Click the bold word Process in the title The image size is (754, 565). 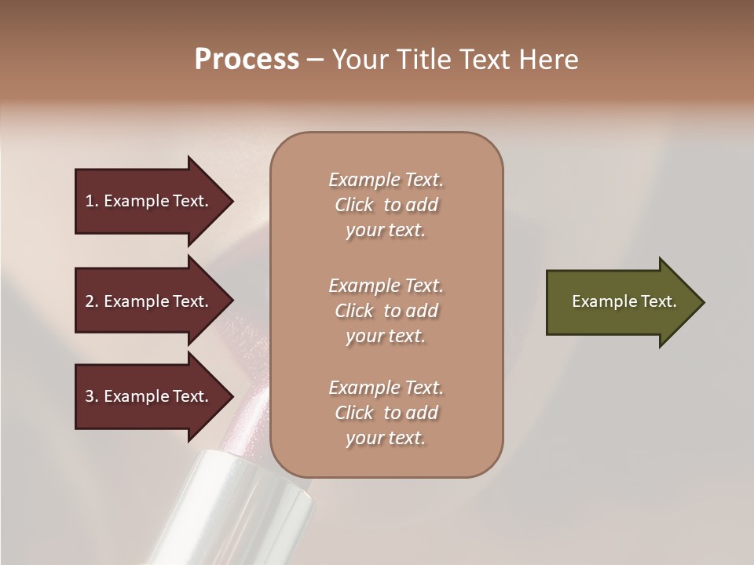point(247,60)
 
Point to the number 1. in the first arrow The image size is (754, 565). point(92,201)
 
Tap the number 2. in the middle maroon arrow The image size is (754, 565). point(92,301)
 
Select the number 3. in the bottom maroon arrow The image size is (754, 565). point(92,396)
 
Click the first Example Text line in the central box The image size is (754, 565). point(386,180)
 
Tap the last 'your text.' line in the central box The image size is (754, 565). point(386,438)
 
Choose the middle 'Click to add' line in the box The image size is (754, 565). point(386,311)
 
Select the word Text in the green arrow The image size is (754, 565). point(658,301)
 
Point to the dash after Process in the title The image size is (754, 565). point(316,60)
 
